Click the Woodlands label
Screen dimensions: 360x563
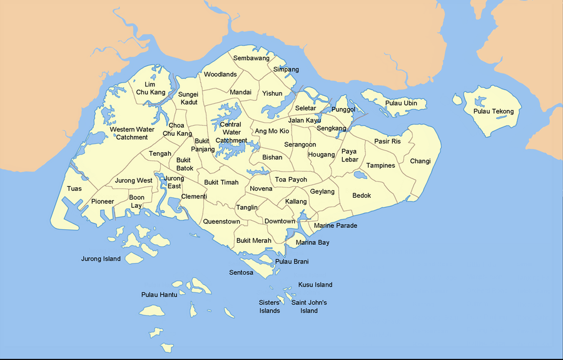220,75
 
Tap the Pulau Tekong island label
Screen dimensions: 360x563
494,111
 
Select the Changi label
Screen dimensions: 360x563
420,161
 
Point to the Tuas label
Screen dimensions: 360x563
74,188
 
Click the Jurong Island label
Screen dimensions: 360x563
101,259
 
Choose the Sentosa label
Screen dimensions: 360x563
241,273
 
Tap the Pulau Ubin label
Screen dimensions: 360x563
401,103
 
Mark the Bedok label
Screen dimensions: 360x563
362,195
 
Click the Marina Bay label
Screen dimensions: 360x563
312,242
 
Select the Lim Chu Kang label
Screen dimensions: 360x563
150,88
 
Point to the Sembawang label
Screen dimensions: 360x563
251,58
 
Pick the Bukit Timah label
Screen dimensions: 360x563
221,182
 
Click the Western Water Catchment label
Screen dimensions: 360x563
133,133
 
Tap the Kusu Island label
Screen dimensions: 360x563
315,285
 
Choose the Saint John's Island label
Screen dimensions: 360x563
309,307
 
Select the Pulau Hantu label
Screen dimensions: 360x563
159,294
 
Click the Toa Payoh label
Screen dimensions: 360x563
292,179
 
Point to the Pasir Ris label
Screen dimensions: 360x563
387,141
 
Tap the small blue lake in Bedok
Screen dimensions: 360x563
360,176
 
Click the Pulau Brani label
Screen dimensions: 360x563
292,261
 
